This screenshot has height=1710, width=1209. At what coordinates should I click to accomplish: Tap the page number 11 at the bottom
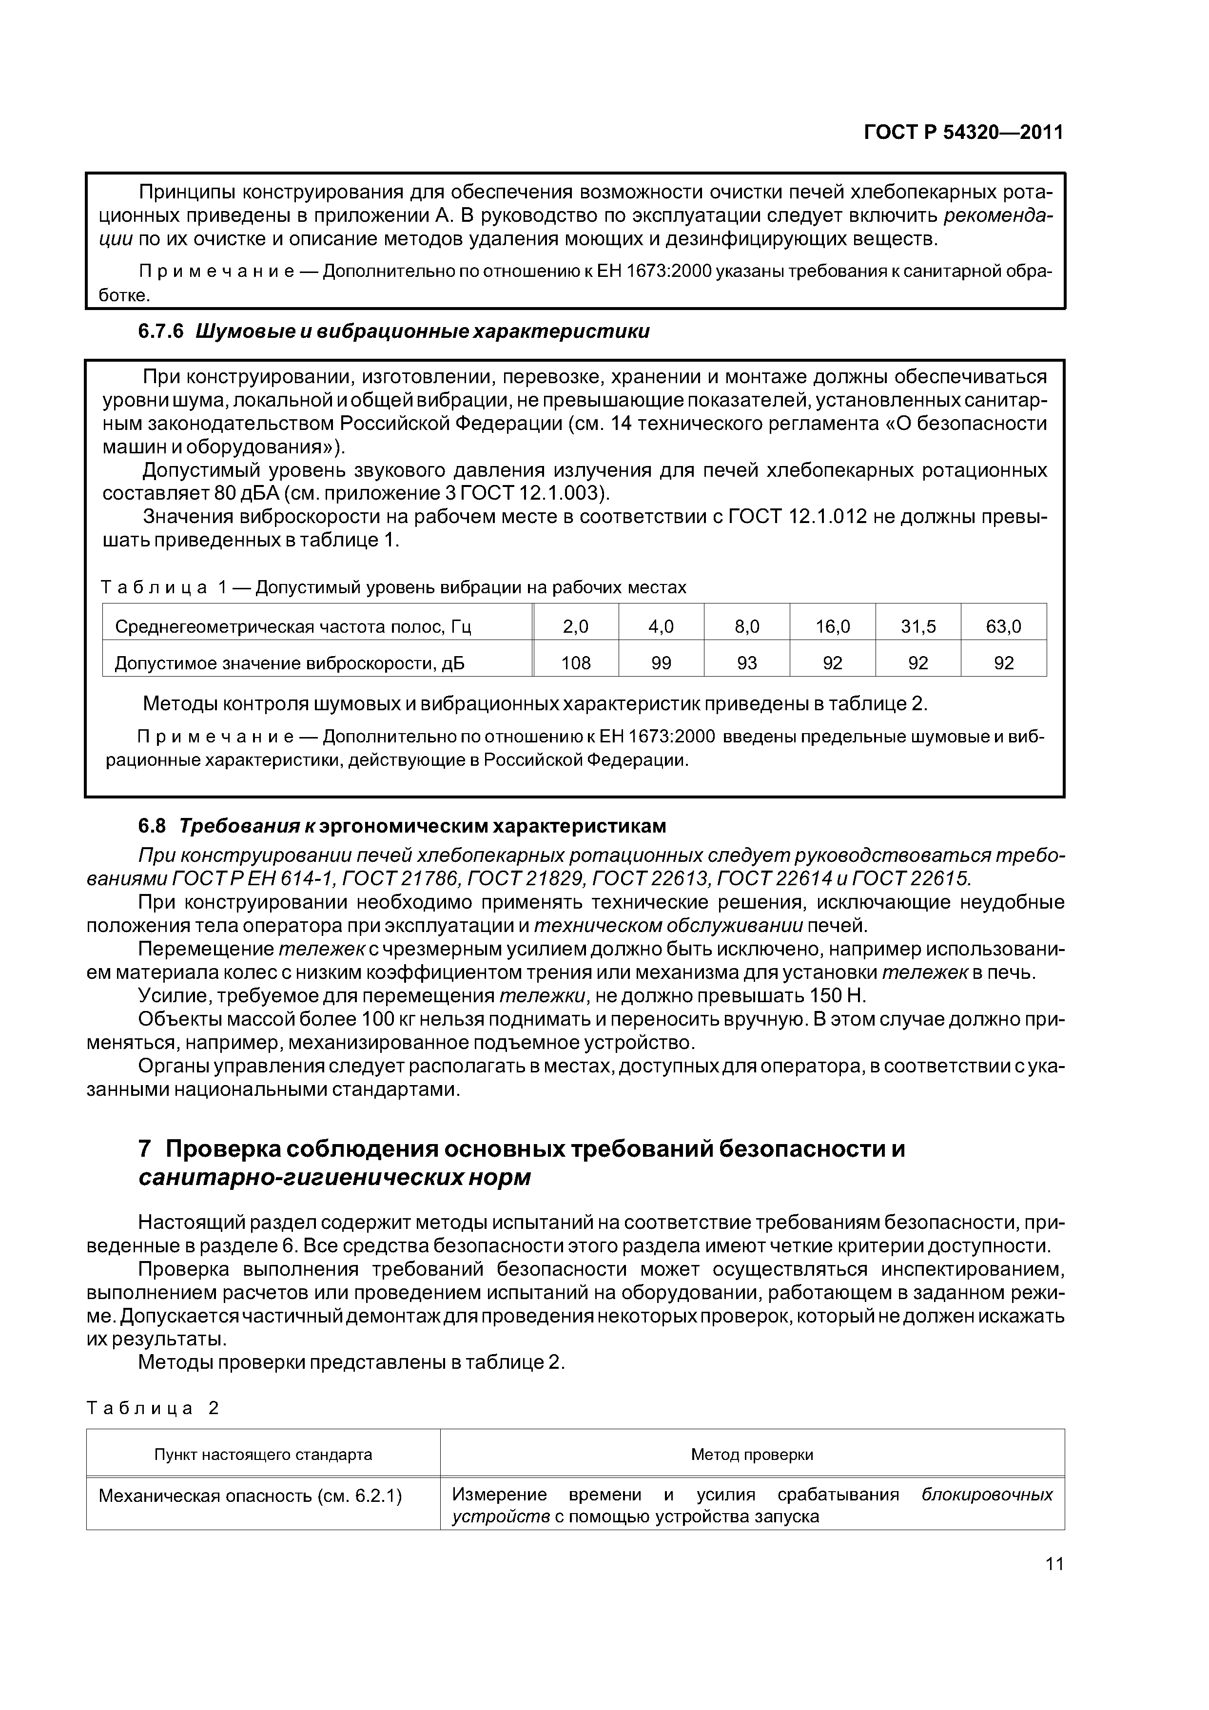(1054, 1584)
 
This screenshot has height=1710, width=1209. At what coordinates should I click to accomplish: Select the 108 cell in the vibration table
(575, 663)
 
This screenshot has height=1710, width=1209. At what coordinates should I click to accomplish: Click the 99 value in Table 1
(661, 663)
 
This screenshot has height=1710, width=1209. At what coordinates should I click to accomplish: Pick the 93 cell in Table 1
(746, 663)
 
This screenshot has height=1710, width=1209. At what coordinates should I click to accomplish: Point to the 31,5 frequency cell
(918, 626)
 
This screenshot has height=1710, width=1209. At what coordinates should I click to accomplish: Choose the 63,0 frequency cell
(1003, 626)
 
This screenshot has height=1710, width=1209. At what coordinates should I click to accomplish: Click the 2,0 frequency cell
(575, 626)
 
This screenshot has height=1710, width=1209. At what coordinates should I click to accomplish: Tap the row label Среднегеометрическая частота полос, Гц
(293, 626)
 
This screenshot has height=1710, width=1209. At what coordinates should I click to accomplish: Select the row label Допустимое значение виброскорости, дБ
(290, 663)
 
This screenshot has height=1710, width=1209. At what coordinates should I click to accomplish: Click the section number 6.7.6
(161, 332)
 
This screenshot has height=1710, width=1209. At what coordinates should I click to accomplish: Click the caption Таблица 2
(153, 1408)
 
